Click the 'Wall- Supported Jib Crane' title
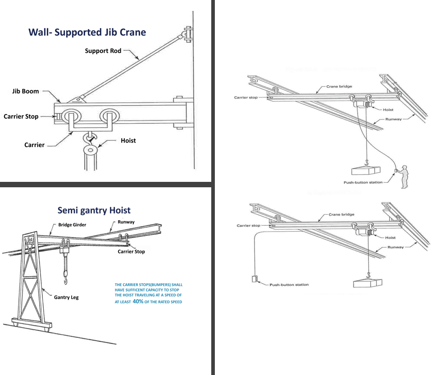[87, 32]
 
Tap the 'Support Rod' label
[103, 51]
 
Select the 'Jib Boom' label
[26, 91]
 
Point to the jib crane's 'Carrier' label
[34, 145]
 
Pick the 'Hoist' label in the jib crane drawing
[128, 141]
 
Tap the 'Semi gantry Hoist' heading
[94, 210]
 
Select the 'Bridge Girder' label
[72, 225]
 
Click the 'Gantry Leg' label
[66, 298]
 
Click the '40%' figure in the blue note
[138, 301]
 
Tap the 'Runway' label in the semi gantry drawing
[126, 222]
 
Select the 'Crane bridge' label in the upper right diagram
[339, 87]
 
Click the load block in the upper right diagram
[366, 170]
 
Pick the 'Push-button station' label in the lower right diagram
[289, 285]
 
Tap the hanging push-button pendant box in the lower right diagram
[254, 279]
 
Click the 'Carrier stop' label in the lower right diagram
[249, 226]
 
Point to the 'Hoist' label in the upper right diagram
[388, 110]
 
